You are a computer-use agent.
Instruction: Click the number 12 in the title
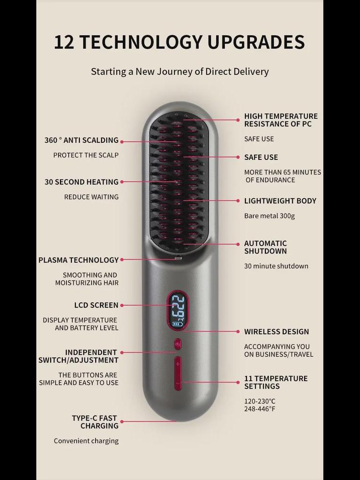click(x=64, y=42)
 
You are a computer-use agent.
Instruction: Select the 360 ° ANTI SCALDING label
click(x=82, y=140)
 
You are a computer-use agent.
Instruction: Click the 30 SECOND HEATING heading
click(x=82, y=182)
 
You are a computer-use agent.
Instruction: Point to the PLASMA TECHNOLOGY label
click(x=79, y=260)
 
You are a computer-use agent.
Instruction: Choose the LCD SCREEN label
click(x=96, y=305)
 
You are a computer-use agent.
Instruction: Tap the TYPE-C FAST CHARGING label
click(x=95, y=422)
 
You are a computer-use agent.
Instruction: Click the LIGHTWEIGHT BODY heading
click(x=280, y=201)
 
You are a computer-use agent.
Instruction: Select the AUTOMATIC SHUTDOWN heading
click(x=265, y=247)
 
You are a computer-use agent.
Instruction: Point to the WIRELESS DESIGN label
click(x=277, y=332)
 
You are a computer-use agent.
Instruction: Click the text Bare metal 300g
click(x=270, y=216)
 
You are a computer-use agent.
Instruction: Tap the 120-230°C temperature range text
click(x=260, y=401)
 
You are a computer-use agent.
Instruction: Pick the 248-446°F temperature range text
click(x=260, y=409)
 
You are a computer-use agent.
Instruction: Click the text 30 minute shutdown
click(x=276, y=266)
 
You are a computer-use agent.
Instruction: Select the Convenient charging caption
click(x=86, y=441)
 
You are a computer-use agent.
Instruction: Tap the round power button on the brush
click(x=178, y=344)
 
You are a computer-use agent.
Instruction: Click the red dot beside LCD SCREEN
click(x=122, y=305)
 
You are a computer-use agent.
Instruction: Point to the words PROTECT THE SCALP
click(x=86, y=155)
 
